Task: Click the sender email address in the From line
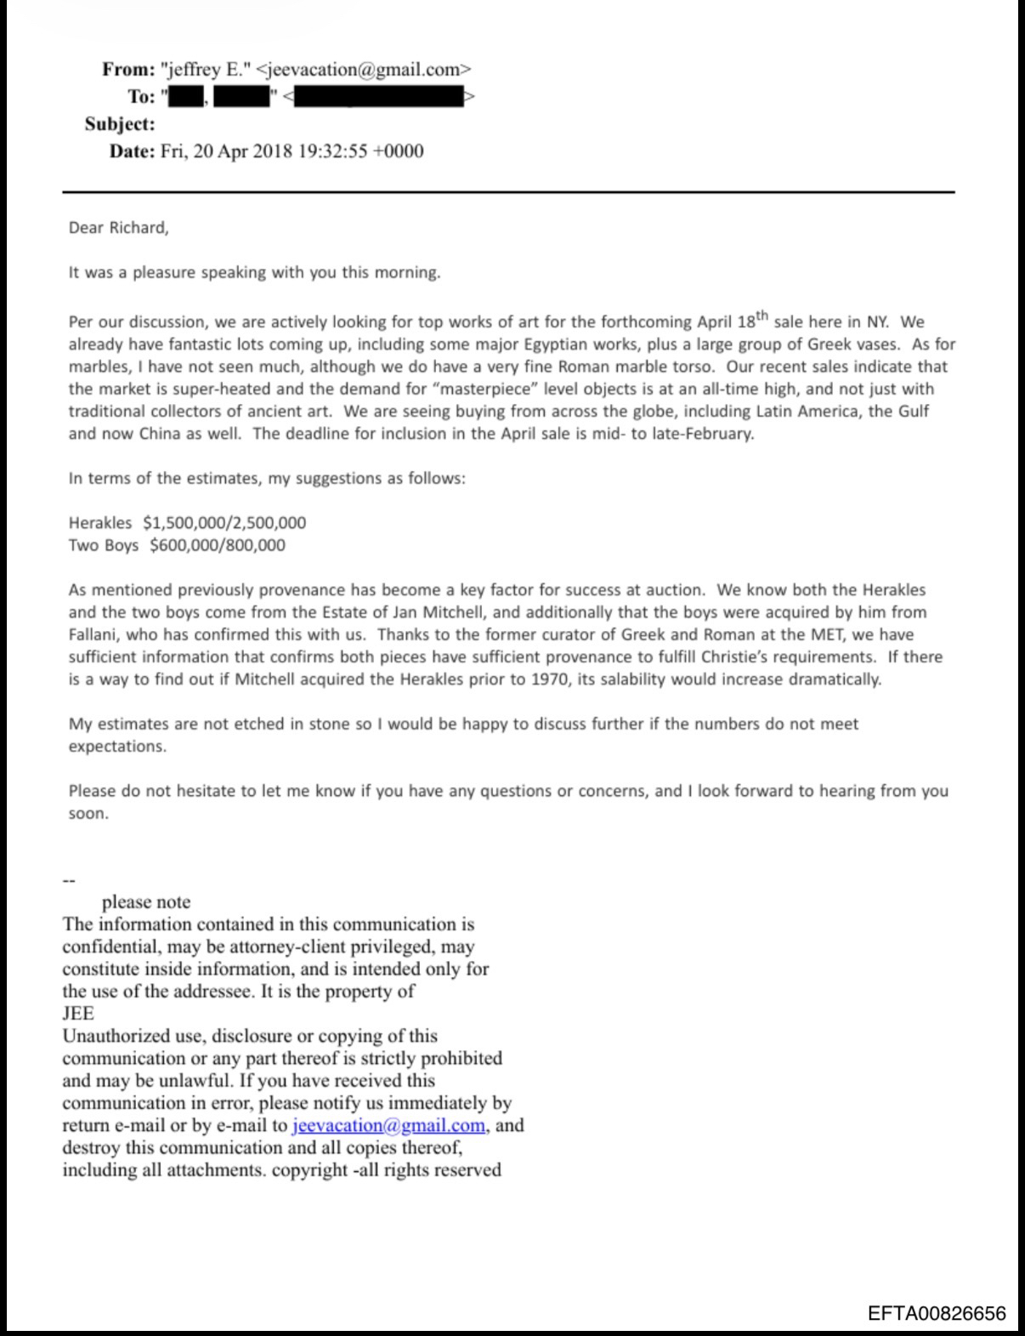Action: tap(363, 70)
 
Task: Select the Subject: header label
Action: tap(120, 124)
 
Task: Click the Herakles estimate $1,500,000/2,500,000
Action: tap(224, 523)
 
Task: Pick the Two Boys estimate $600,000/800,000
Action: tap(218, 545)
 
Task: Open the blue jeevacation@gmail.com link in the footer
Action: tap(388, 1126)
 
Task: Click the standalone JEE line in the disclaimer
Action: tap(78, 1014)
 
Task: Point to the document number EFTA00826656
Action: tap(937, 1314)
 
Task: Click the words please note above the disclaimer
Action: tap(146, 902)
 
